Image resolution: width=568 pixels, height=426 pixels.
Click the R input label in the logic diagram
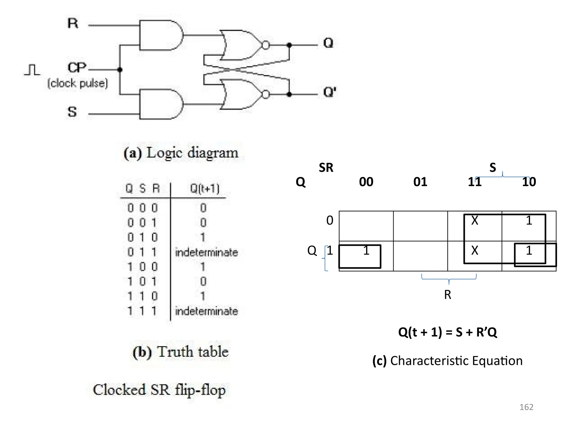[x=73, y=23]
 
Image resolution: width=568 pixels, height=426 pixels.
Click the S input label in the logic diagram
[x=72, y=112]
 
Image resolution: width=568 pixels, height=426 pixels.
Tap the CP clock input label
[x=77, y=67]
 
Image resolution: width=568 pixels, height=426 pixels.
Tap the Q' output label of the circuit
[x=330, y=92]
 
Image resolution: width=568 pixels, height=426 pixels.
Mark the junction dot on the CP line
[x=120, y=70]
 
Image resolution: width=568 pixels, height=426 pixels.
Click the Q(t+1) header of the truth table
[x=205, y=189]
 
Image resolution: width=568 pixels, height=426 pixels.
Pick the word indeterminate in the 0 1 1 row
[x=206, y=252]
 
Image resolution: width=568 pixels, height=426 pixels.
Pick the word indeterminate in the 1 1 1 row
[x=206, y=311]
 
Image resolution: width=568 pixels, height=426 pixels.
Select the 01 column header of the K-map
[x=420, y=182]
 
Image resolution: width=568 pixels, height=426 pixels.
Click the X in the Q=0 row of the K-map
[x=475, y=220]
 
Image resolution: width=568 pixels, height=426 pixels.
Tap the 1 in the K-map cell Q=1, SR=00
[x=366, y=251]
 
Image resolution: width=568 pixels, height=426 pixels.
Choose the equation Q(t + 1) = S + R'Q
[x=447, y=332]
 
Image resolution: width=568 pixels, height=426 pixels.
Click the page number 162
[x=526, y=407]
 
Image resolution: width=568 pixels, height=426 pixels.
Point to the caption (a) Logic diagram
[x=181, y=153]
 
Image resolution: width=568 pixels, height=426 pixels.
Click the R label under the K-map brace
[x=447, y=295]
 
